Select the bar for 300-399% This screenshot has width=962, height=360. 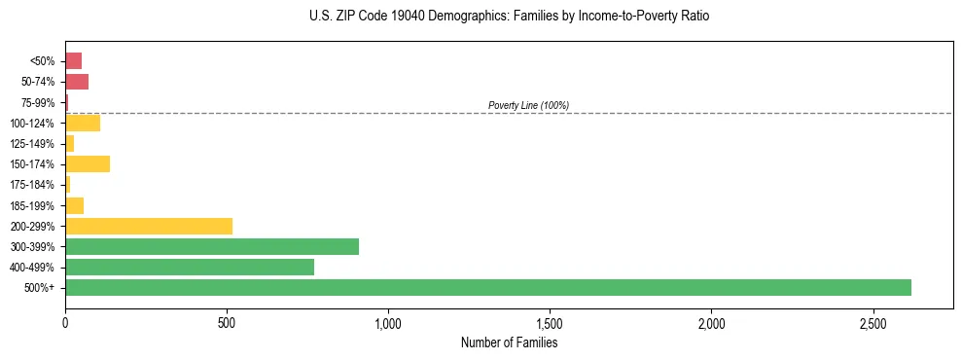coord(212,246)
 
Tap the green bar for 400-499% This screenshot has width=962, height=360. coord(190,267)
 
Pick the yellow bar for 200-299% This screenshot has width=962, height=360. coord(149,226)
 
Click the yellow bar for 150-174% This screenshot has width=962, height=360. coord(88,163)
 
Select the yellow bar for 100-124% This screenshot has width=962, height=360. coord(83,123)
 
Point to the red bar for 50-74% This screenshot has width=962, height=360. coord(77,81)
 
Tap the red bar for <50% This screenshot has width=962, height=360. coord(73,60)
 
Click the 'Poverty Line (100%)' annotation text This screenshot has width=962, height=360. coord(528,105)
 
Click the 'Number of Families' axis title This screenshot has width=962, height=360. coord(509,342)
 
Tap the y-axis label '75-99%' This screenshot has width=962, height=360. coord(39,102)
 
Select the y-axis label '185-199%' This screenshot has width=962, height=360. coord(35,205)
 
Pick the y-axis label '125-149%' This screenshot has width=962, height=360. coord(35,143)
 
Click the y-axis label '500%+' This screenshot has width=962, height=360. coord(41,288)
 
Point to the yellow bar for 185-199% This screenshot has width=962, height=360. coord(74,205)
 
